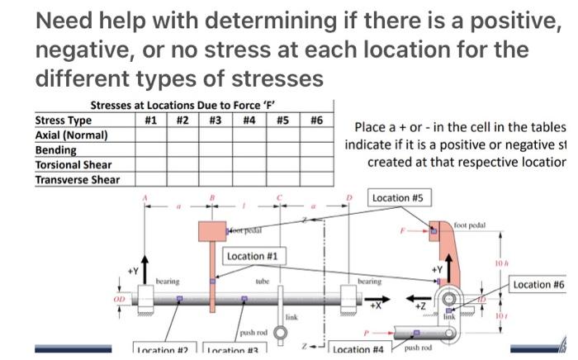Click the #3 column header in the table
point(216,120)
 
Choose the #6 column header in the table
point(316,120)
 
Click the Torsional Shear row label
point(73,164)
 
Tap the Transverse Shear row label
point(77,179)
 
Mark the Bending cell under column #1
point(150,150)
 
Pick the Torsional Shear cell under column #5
point(282,164)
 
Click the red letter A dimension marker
point(146,197)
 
